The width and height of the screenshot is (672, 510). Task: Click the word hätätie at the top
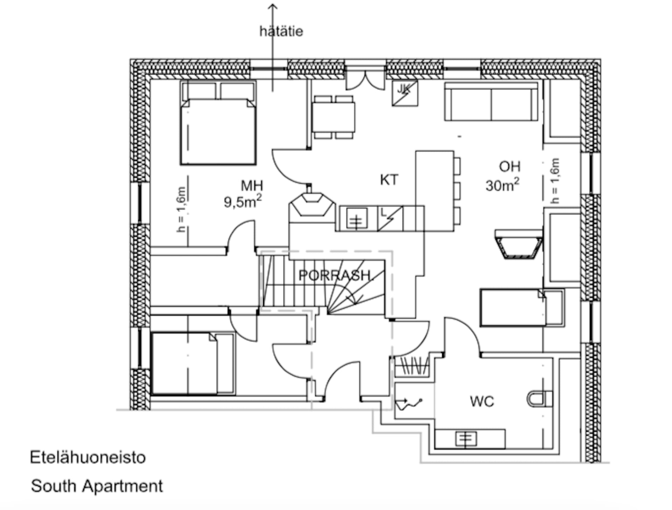[x=281, y=32]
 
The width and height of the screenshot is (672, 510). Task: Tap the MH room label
[x=252, y=186]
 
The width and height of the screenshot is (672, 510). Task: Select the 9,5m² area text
[x=243, y=202]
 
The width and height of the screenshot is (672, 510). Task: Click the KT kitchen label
[x=389, y=180]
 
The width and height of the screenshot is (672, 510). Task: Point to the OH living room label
[x=510, y=167]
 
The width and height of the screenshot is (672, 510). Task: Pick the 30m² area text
[x=502, y=185]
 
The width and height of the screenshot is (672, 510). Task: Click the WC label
[x=482, y=401]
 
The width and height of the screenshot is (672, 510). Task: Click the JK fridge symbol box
[x=405, y=93]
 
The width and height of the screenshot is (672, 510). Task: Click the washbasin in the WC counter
[x=466, y=439]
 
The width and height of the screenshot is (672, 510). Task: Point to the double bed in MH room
[x=218, y=130]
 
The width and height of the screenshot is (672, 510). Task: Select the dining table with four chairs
[x=333, y=117]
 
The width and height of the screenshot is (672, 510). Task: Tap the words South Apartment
[x=97, y=486]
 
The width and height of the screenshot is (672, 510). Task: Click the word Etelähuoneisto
[x=87, y=457]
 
